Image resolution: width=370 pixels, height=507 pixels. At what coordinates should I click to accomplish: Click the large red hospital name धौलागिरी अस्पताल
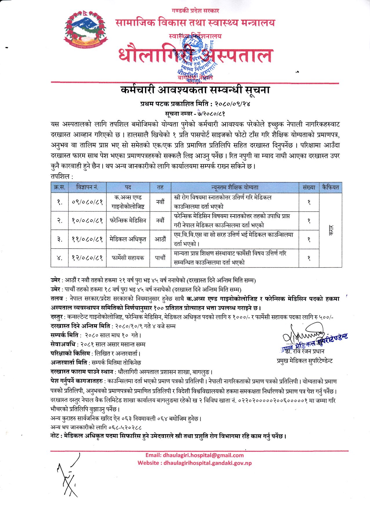coord(195,55)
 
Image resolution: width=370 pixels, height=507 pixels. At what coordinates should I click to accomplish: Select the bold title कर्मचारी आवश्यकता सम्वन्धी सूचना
coord(195,90)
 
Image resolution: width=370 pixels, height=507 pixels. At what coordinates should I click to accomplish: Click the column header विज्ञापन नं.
coord(87,187)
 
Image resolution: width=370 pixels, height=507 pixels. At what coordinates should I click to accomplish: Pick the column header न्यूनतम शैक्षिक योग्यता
coord(235,187)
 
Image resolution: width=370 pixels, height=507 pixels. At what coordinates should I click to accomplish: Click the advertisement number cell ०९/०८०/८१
coord(87,202)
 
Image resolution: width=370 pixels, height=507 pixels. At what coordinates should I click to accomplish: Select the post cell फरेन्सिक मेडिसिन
coord(128,220)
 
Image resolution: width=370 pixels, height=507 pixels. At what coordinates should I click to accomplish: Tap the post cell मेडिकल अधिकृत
coord(128,239)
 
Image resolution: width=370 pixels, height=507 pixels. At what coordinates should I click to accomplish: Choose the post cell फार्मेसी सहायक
coord(128,258)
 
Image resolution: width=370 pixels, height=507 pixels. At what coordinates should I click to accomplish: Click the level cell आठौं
coord(160,239)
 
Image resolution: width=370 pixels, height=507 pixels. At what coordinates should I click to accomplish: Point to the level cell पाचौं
coord(160,258)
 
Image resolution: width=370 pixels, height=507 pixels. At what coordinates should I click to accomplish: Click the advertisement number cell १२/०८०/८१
coord(87,258)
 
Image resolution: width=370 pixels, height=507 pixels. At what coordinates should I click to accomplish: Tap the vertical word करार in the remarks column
coord(331,230)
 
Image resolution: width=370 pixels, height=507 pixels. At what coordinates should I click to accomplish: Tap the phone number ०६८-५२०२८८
coord(125,427)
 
